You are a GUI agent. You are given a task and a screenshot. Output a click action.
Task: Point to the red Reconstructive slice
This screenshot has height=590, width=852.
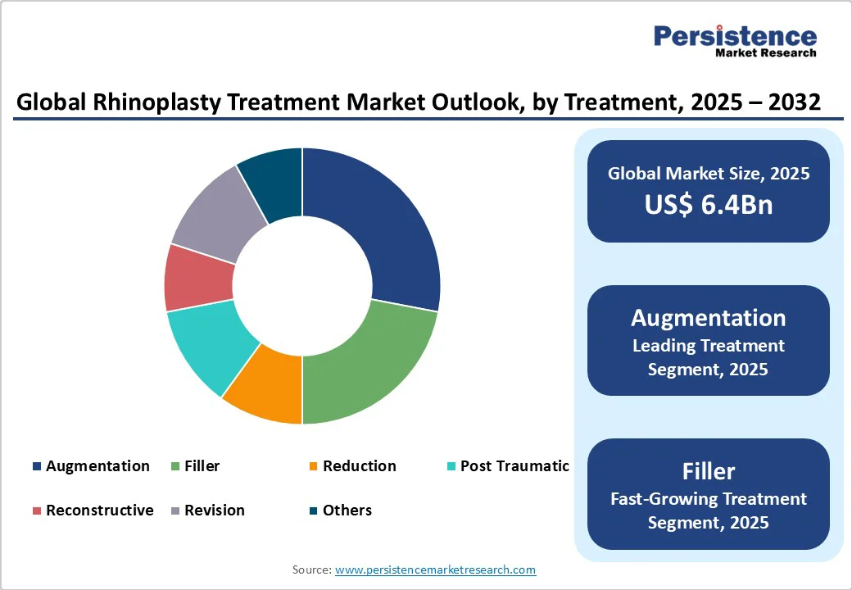click(199, 277)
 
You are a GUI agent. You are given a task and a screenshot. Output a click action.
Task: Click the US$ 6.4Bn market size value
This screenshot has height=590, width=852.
click(708, 204)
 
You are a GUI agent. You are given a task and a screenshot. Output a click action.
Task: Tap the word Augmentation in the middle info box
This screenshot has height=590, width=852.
click(708, 318)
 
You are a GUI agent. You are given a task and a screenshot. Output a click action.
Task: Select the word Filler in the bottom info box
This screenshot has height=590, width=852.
click(708, 471)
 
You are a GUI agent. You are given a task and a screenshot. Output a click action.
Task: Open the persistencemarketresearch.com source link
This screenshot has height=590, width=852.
click(435, 570)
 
